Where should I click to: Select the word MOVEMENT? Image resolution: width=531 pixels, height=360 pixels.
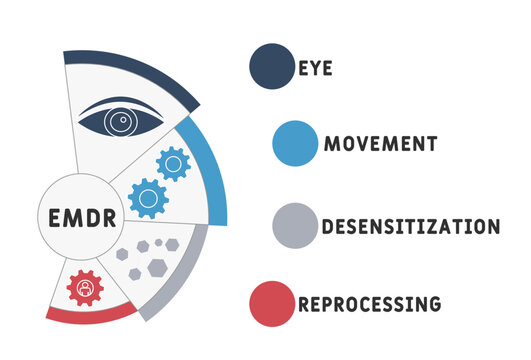(380, 143)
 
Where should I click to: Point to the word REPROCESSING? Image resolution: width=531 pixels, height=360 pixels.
(369, 301)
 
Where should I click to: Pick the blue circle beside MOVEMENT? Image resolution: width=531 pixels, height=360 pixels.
(294, 142)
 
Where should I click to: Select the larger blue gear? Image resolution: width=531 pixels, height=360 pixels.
(148, 197)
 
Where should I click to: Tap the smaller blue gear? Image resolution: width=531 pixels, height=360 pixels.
(173, 163)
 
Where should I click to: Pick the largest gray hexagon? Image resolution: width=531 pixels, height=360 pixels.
(157, 267)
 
